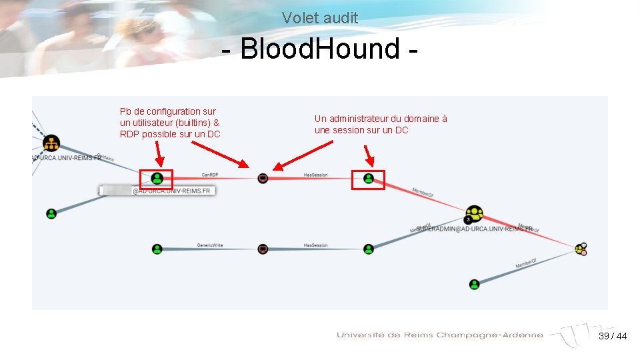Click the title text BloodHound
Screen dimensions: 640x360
click(x=319, y=49)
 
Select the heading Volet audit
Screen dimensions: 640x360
click(x=319, y=18)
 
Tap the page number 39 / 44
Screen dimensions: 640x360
click(x=613, y=336)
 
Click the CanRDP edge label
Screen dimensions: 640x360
click(x=209, y=175)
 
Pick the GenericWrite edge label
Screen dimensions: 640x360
click(x=209, y=245)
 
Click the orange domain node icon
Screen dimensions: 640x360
click(x=51, y=143)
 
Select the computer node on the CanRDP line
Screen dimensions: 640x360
click(x=263, y=178)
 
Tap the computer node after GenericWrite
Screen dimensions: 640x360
click(x=263, y=249)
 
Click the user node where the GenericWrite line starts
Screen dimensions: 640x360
click(x=157, y=249)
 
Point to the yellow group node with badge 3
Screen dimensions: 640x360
click(x=474, y=214)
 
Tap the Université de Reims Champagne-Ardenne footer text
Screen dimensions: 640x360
click(x=440, y=335)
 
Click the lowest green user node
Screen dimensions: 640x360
click(x=474, y=284)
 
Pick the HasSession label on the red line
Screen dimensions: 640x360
click(x=315, y=175)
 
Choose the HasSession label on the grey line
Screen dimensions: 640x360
click(x=315, y=245)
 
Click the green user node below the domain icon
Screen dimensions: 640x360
click(x=51, y=213)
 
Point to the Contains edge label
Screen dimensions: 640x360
click(x=105, y=157)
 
